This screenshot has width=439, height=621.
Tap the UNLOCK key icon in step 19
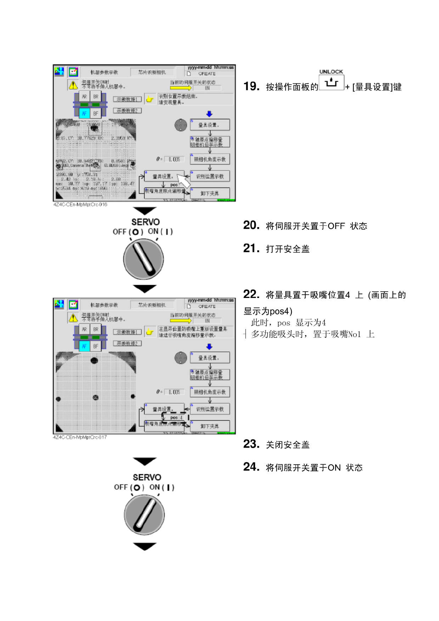tap(331, 82)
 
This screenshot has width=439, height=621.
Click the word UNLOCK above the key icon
tap(331, 72)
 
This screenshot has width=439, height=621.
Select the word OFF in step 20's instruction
tap(336, 226)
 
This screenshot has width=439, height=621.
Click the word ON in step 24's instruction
tap(334, 468)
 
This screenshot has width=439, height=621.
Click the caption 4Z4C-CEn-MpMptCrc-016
tap(80, 204)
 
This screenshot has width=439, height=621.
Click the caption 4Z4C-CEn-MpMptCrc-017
tap(80, 437)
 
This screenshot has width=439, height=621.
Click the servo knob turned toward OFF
tap(143, 259)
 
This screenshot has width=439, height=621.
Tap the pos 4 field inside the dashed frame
tap(177, 417)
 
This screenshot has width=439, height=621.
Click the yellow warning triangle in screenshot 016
tap(73, 85)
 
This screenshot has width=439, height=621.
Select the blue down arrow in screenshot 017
tap(209, 347)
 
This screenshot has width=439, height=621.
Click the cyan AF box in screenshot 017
tap(84, 346)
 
